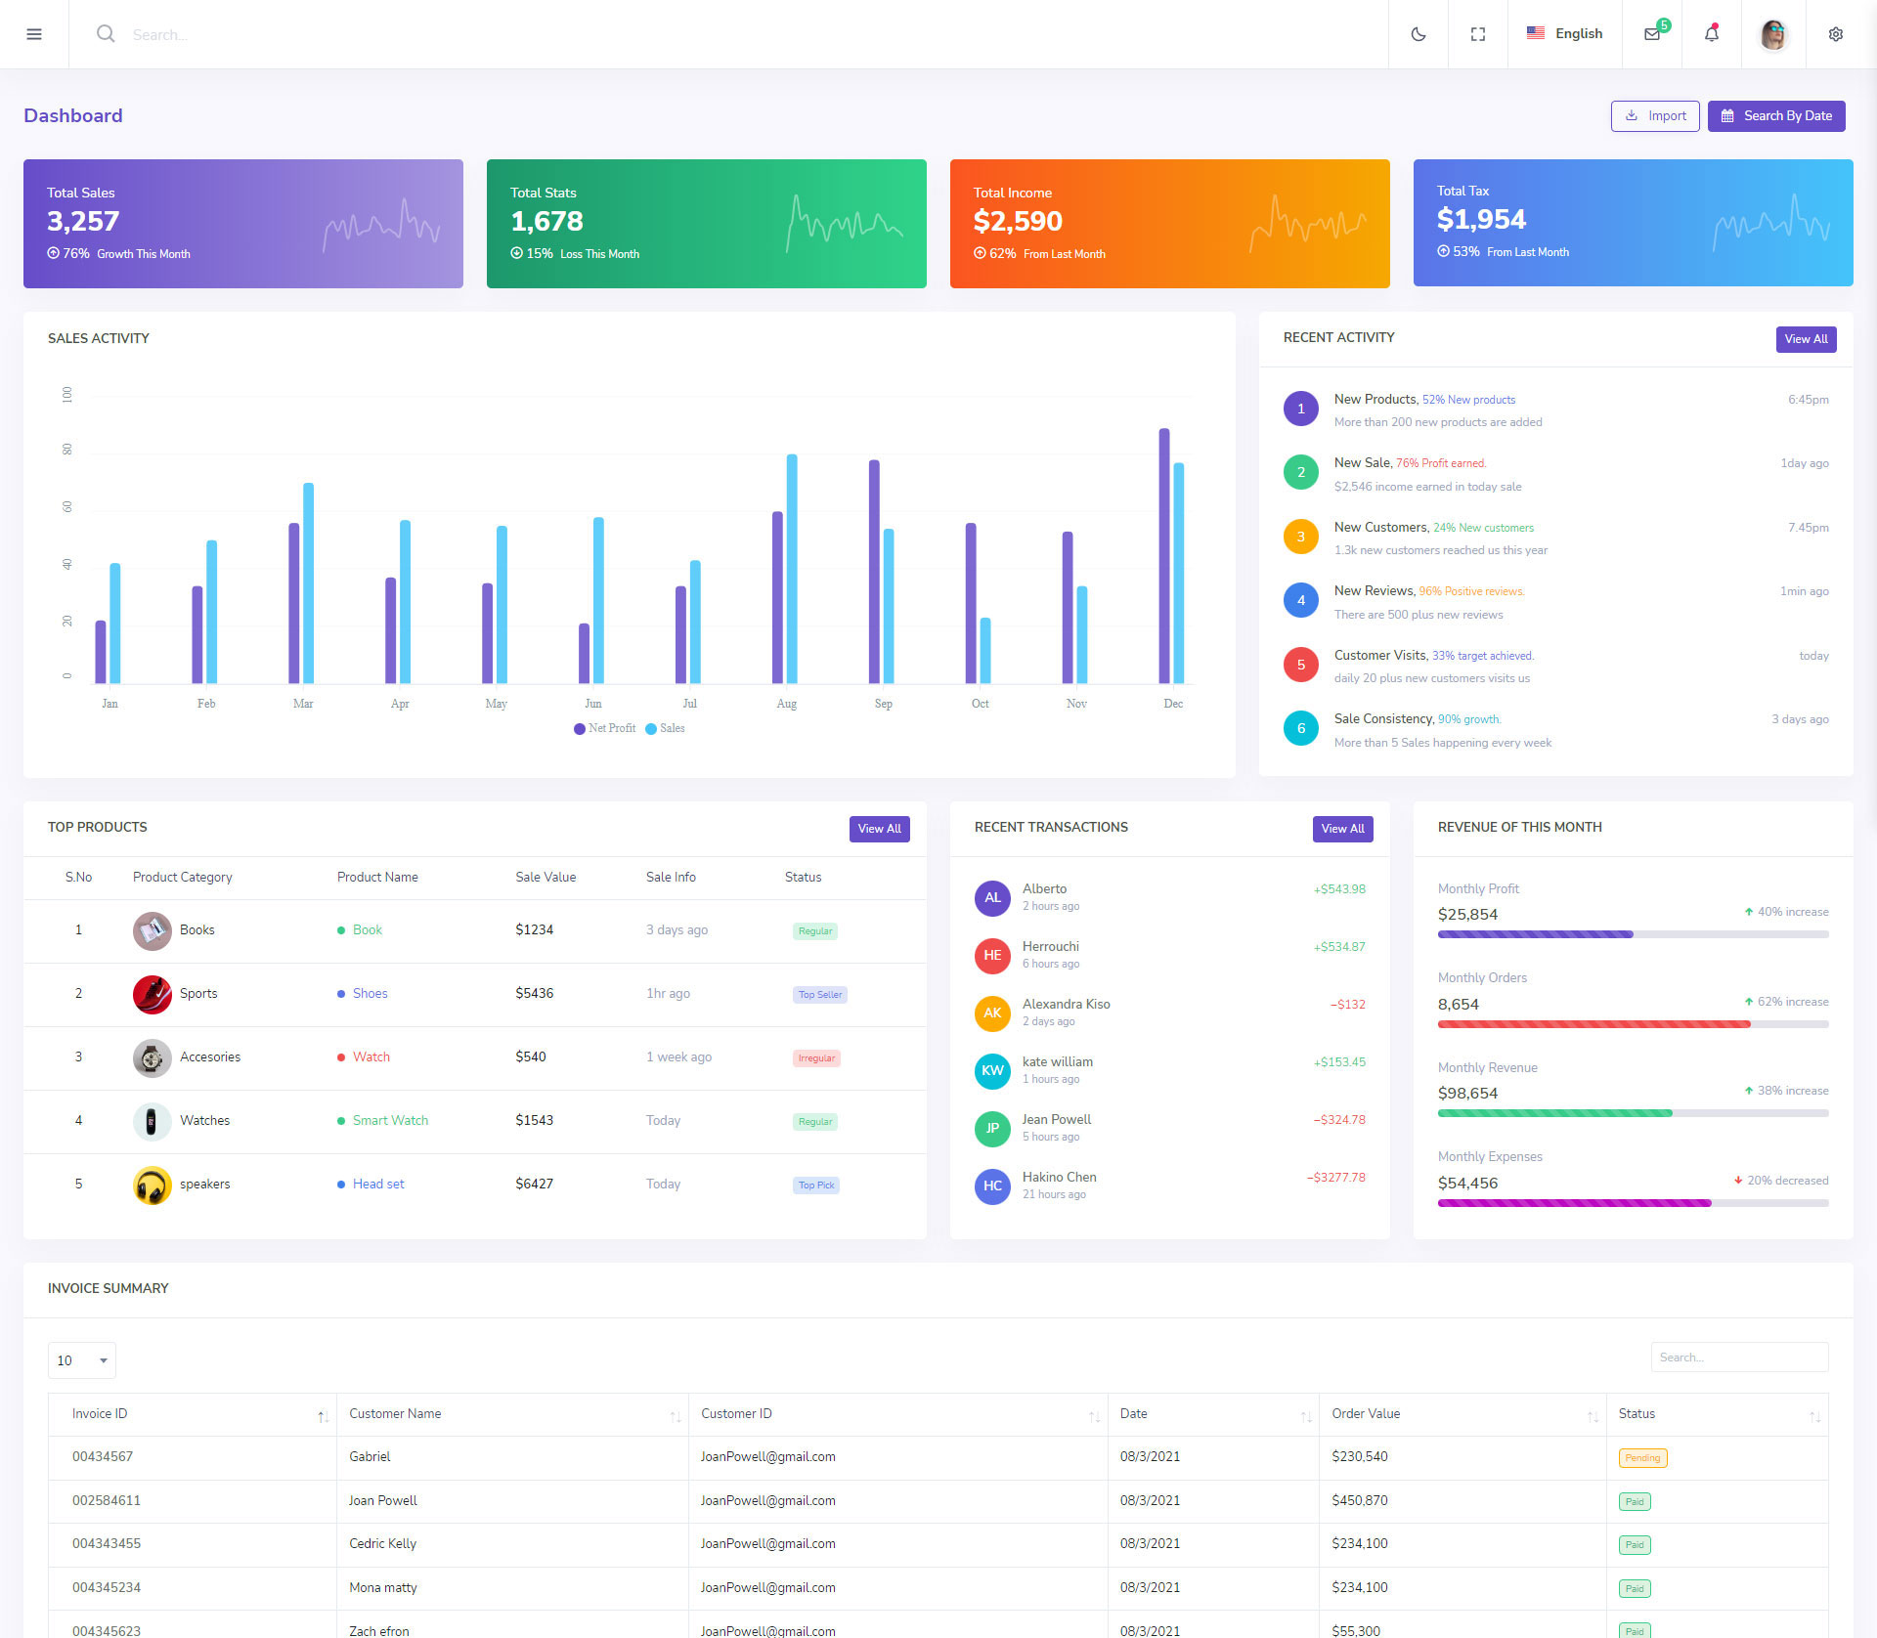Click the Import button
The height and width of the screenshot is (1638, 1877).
point(1655,116)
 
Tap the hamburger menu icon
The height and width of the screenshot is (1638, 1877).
point(34,34)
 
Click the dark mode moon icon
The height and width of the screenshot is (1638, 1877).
point(1418,34)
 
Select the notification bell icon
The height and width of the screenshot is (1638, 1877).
point(1711,34)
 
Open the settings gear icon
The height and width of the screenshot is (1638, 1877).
point(1835,34)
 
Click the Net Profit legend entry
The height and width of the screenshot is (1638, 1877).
point(605,729)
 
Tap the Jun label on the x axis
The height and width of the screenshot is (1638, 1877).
point(593,704)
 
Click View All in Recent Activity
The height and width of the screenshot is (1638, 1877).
point(1806,339)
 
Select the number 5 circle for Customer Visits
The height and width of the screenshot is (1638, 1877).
point(1301,665)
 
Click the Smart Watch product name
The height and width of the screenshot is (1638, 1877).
point(390,1121)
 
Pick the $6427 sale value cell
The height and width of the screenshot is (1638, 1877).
point(535,1185)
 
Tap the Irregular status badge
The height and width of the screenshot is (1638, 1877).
point(816,1058)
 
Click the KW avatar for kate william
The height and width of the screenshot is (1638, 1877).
point(992,1070)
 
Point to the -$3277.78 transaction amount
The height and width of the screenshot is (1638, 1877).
point(1336,1178)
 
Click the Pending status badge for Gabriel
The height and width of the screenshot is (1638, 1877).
point(1642,1458)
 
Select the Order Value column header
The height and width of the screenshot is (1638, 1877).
point(1366,1414)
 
